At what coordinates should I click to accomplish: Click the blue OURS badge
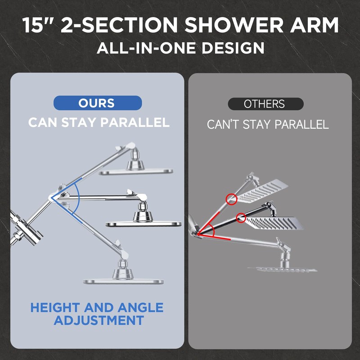pos(98,103)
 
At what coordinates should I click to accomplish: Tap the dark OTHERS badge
pos(265,104)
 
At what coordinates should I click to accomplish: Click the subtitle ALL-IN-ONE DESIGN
pos(180,48)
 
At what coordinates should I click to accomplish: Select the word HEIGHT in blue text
pos(57,308)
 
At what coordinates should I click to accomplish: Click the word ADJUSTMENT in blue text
pos(99,321)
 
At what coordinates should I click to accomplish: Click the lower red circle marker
pos(241,218)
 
